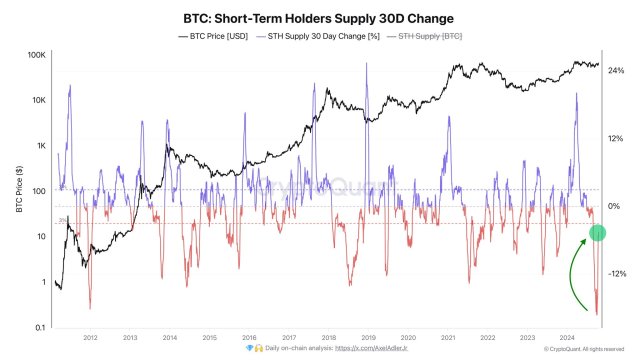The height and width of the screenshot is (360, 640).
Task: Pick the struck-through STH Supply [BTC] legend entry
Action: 430,37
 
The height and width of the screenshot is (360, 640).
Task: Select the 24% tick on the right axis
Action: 616,71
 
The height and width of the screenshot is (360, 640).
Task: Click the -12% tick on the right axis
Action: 617,273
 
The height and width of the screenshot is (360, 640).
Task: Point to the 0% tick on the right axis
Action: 614,206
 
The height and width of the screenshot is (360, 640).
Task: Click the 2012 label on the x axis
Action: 92,338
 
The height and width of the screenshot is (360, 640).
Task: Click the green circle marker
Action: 597,233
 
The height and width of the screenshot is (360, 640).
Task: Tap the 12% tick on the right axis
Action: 616,138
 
